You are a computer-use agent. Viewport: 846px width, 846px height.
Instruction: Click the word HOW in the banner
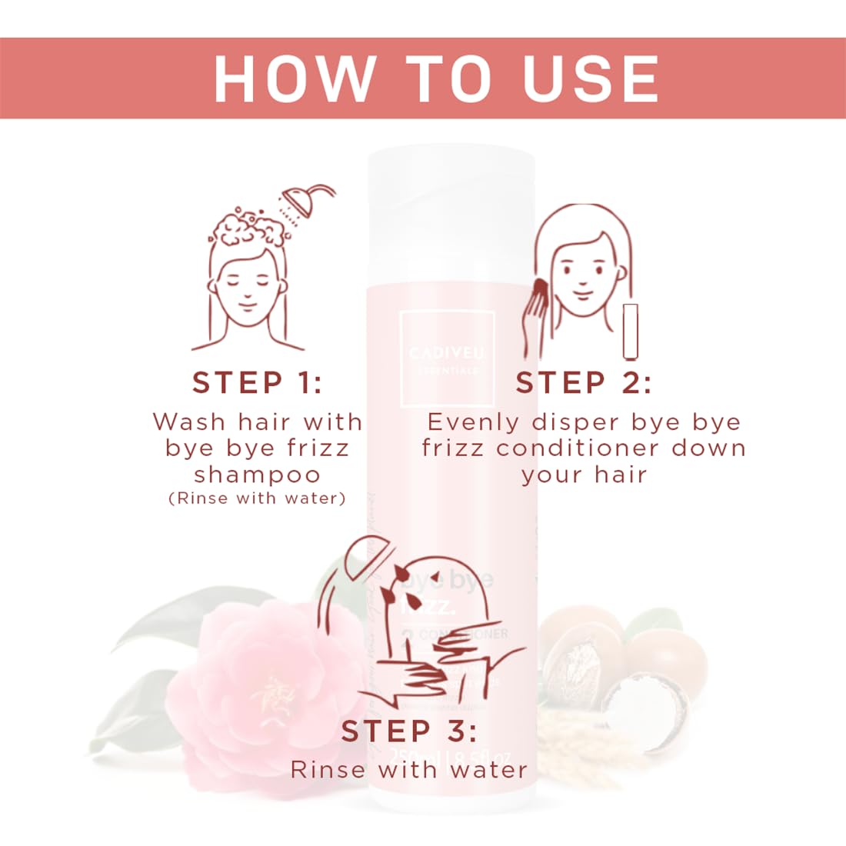(293, 78)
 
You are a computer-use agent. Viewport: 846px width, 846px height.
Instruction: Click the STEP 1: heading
(257, 382)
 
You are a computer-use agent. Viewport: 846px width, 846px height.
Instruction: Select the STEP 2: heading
(584, 382)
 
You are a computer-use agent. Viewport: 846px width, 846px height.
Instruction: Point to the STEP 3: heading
(408, 731)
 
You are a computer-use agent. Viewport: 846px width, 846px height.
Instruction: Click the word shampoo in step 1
(257, 474)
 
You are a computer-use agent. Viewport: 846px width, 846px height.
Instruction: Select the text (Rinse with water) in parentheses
(257, 498)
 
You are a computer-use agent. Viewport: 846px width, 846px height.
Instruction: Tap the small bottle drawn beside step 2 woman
(631, 330)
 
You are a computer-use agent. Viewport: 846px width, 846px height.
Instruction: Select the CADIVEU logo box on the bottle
(447, 358)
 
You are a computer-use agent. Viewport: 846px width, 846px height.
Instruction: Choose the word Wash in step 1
(189, 421)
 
